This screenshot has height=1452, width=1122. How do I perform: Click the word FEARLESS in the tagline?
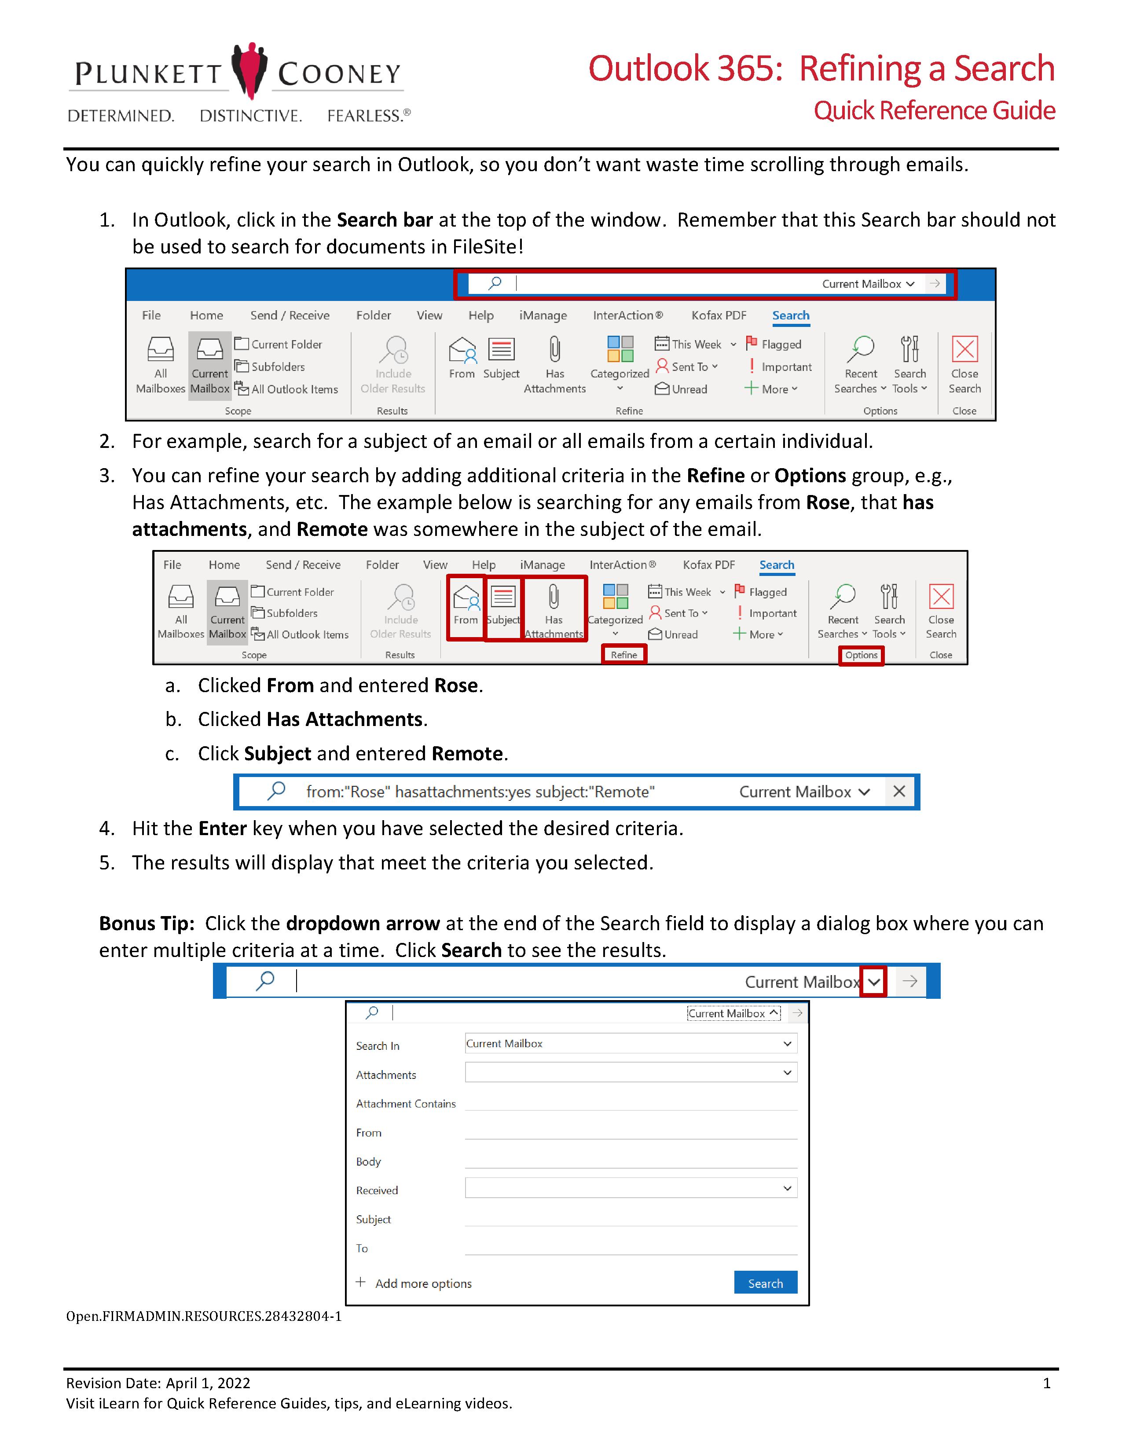364,116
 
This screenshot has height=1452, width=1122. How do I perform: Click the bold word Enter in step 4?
223,829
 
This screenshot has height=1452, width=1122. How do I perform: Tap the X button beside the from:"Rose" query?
899,792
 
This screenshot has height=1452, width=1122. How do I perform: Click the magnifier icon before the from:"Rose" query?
276,791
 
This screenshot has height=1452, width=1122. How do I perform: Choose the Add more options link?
423,1284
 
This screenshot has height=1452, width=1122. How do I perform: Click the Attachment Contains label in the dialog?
406,1104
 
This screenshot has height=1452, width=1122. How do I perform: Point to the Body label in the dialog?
368,1162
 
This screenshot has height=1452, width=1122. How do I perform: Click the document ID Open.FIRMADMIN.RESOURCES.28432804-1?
203,1316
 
